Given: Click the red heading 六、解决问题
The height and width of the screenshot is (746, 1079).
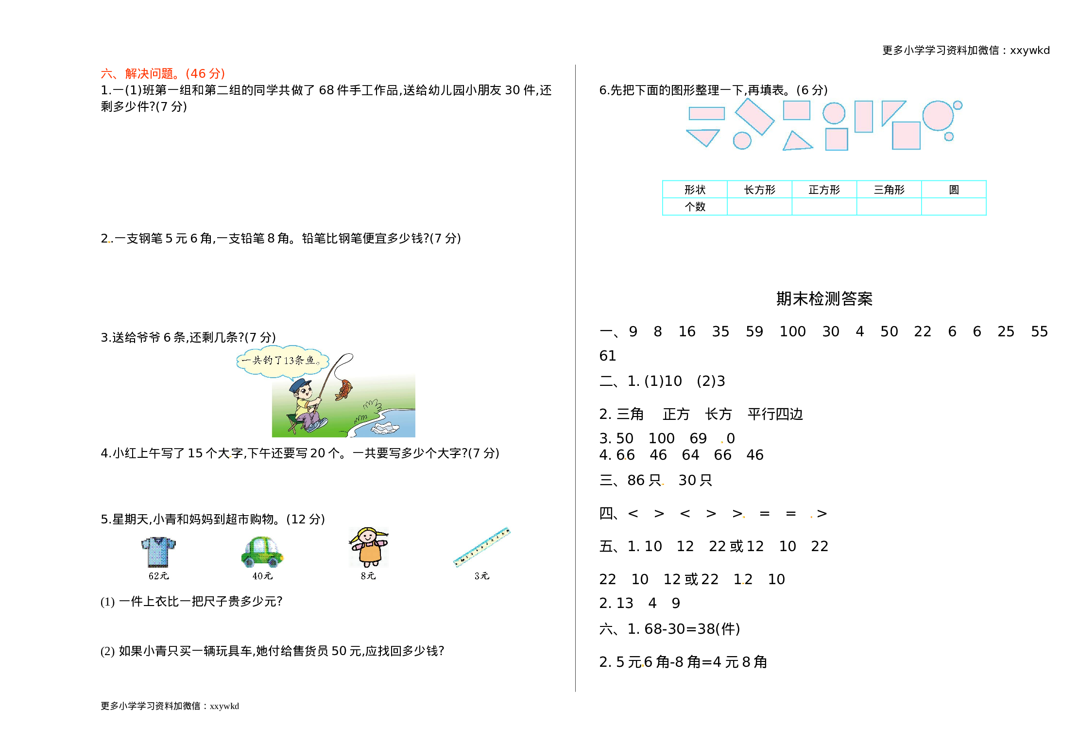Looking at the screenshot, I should [x=162, y=74].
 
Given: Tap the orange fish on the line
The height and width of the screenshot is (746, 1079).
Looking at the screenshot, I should [x=344, y=389].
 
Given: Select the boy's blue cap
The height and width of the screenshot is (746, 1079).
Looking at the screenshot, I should [x=299, y=385].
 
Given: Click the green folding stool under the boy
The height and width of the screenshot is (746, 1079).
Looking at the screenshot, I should [x=292, y=423].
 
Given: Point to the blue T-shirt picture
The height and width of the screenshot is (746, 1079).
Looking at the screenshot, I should [x=158, y=552].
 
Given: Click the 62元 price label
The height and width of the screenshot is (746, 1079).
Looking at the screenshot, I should [x=158, y=576].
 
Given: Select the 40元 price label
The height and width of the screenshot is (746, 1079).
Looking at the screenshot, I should [x=262, y=576].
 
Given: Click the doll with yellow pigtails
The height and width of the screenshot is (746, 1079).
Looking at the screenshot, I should [x=368, y=547].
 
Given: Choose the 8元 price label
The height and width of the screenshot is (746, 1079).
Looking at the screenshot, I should [x=368, y=576].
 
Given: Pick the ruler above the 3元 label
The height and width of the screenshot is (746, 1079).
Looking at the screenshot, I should [x=481, y=547].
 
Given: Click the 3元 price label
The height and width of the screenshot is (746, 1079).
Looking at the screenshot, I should [x=481, y=576].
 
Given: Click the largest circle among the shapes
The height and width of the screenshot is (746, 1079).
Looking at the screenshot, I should [x=938, y=116].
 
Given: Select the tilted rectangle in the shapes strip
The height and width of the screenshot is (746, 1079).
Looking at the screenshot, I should [x=754, y=117].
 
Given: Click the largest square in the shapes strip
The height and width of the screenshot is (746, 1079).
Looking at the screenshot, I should [x=906, y=135].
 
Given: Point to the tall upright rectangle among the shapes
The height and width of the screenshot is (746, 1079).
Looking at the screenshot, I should [x=863, y=117].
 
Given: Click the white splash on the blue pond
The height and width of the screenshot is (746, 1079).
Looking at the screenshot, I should [x=385, y=428].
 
